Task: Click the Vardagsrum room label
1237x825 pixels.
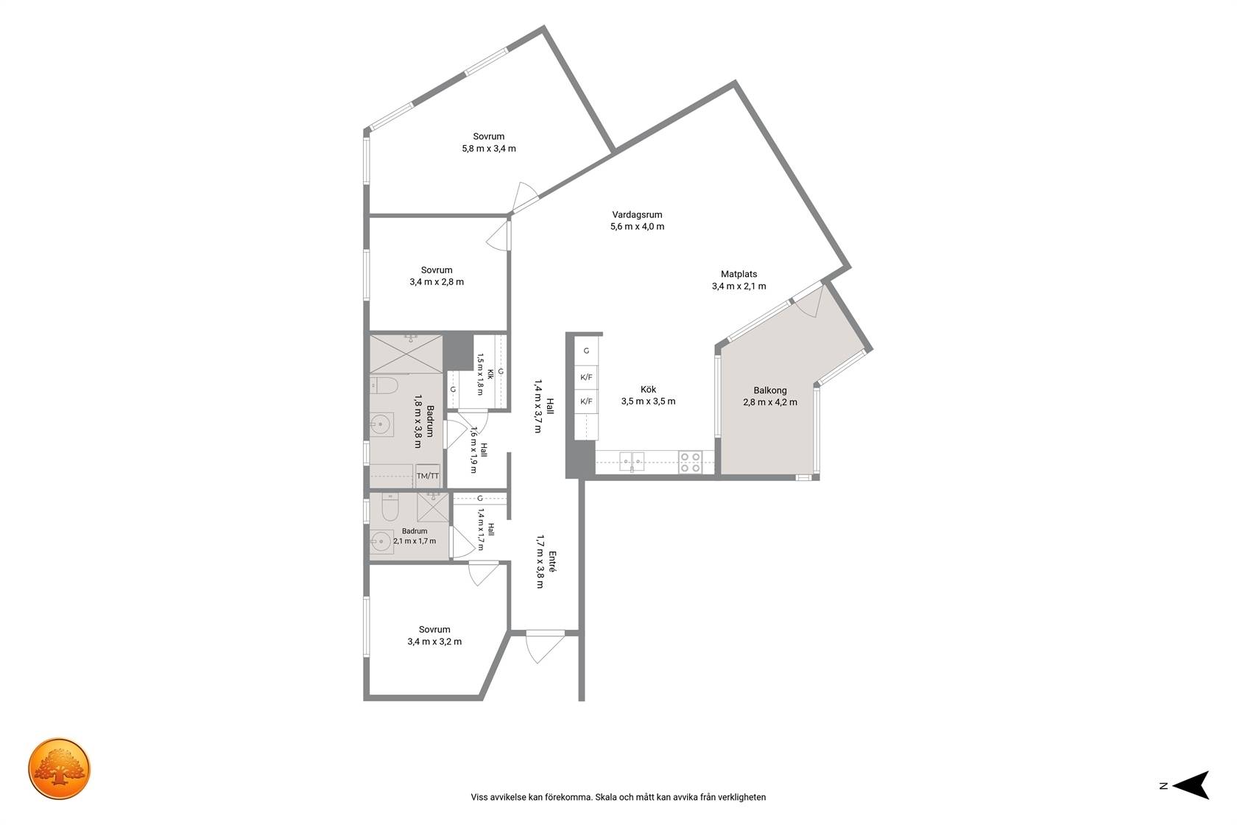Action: [637, 214]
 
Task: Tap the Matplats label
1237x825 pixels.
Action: [739, 274]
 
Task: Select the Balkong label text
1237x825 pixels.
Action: [770, 390]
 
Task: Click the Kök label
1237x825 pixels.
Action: [648, 390]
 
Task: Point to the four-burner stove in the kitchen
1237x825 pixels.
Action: [691, 463]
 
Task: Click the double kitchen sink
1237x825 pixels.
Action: [632, 461]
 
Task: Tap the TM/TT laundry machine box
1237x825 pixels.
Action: [428, 476]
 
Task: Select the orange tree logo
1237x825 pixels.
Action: [59, 768]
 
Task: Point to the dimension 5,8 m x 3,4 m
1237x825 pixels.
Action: [489, 149]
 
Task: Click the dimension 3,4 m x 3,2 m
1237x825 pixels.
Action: [434, 642]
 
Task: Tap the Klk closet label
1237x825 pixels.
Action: [490, 374]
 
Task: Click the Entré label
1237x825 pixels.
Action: [552, 561]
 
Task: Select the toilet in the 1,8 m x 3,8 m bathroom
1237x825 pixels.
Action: [383, 385]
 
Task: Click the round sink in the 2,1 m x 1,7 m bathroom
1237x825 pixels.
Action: [381, 541]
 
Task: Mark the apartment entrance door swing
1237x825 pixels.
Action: [544, 647]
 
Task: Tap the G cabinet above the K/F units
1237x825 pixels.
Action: [586, 351]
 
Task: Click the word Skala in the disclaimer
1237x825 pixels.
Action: [606, 797]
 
